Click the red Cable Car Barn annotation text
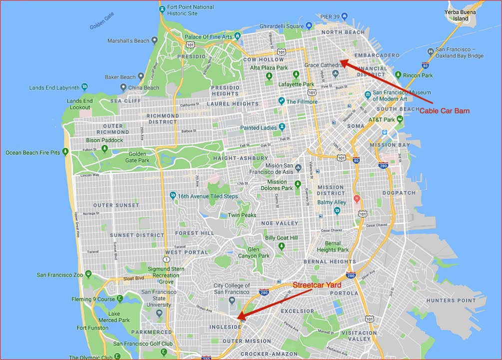[444, 110]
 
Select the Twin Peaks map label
[242, 215]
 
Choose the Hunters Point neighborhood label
[451, 300]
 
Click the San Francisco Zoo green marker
[88, 274]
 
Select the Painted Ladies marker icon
[282, 127]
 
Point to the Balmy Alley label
[331, 202]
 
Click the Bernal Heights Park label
[333, 246]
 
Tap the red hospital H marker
[357, 198]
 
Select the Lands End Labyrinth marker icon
[84, 87]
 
